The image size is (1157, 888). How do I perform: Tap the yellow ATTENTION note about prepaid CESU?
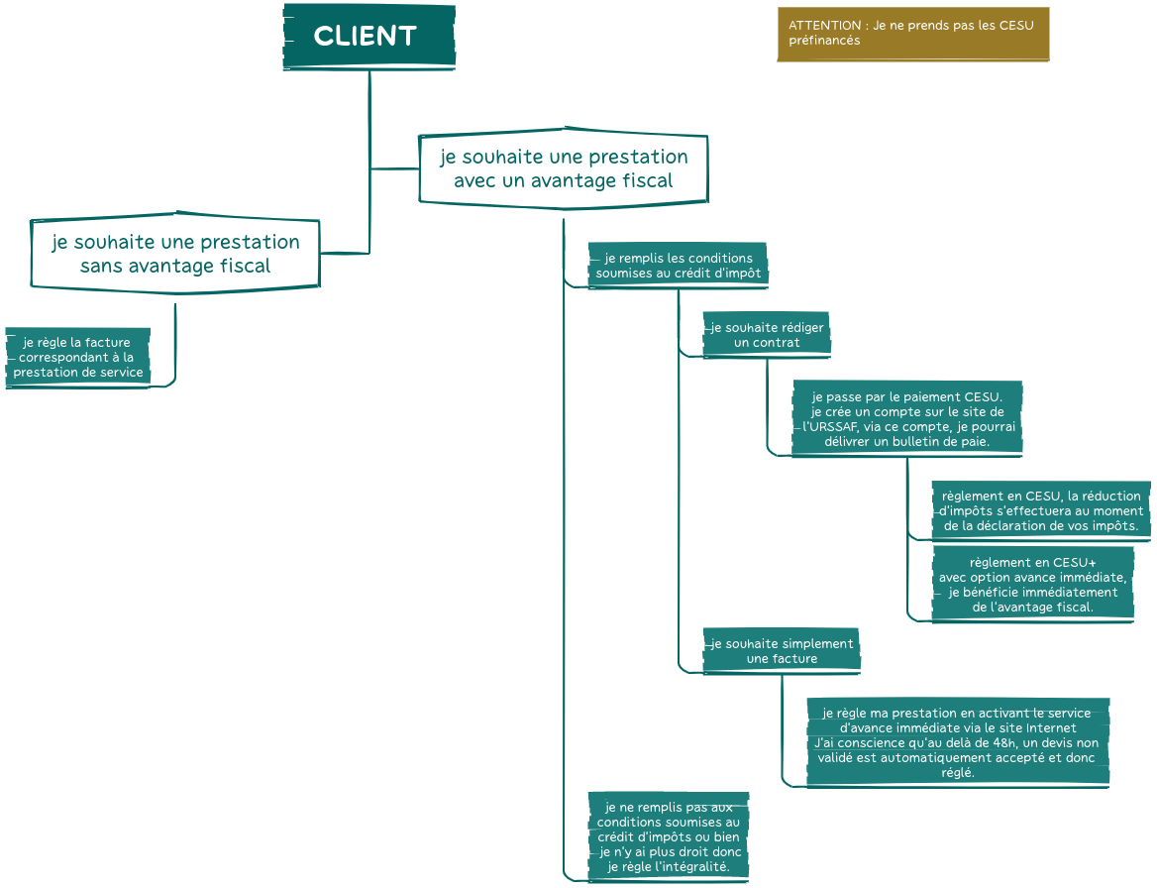coord(912,34)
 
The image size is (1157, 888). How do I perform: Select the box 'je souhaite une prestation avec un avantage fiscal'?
coord(563,169)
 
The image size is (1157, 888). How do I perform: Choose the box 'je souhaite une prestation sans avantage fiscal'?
coord(175,254)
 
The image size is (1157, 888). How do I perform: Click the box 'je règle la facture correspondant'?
coord(77,358)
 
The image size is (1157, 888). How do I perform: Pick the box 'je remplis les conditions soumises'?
coord(678,266)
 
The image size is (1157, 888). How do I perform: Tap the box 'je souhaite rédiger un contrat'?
coord(766,335)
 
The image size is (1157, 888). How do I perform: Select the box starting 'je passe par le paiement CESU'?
coord(906,419)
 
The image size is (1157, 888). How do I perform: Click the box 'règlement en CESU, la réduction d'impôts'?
coord(1041,510)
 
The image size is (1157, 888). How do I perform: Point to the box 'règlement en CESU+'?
coord(1032,585)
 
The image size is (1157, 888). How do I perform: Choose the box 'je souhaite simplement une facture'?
coord(781,651)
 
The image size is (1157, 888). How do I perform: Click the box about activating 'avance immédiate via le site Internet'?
coord(957,742)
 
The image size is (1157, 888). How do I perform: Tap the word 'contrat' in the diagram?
coord(776,343)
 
